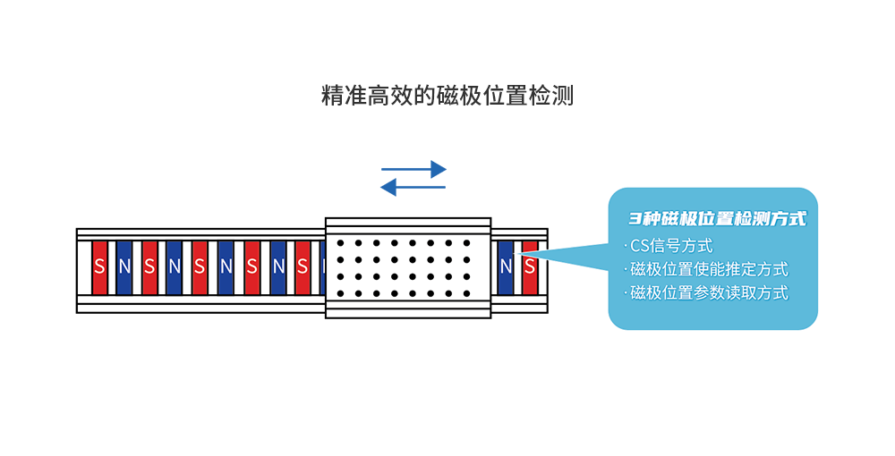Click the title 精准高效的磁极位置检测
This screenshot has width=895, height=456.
pyautogui.click(x=447, y=96)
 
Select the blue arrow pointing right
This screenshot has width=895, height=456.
pyautogui.click(x=413, y=168)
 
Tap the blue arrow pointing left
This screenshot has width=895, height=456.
pyautogui.click(x=413, y=187)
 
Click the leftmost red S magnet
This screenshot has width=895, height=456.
pyautogui.click(x=99, y=266)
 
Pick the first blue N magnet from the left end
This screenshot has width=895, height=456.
pyautogui.click(x=124, y=266)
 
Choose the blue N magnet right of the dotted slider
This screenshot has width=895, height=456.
pyautogui.click(x=507, y=266)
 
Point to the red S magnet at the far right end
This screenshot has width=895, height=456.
pyautogui.click(x=530, y=266)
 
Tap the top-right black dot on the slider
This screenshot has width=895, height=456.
pyautogui.click(x=466, y=242)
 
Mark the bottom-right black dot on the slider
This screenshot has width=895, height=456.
pyautogui.click(x=466, y=293)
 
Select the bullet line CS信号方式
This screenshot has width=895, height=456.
pyautogui.click(x=671, y=246)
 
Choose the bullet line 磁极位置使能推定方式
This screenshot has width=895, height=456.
pyautogui.click(x=708, y=269)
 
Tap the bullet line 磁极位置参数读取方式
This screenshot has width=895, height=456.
pyautogui.click(x=708, y=292)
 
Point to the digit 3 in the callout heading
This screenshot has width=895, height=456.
pyautogui.click(x=634, y=218)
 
